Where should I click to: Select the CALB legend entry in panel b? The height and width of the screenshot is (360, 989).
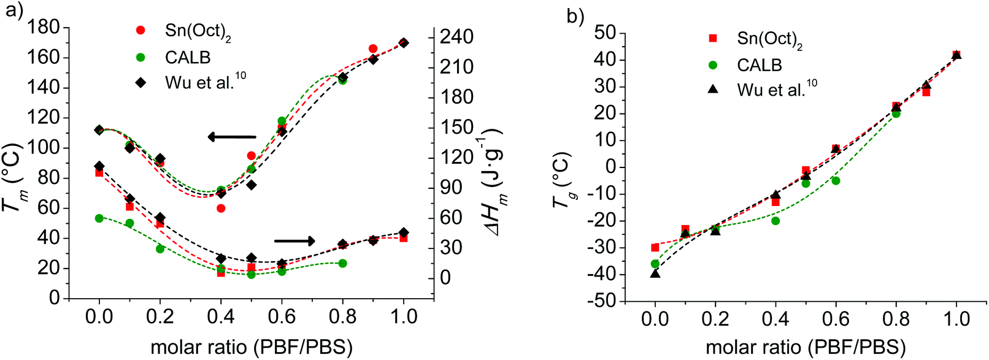759,65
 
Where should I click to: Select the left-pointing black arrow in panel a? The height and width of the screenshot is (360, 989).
232,137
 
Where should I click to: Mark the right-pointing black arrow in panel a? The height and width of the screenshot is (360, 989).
294,241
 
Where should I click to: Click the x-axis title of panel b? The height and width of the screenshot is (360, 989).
806,348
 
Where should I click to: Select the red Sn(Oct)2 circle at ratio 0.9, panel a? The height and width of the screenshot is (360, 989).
373,48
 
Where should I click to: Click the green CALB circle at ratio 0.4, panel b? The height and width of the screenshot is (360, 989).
775,221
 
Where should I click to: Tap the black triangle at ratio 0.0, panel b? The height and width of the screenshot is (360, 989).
655,274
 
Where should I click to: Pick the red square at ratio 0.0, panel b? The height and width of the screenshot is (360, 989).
655,248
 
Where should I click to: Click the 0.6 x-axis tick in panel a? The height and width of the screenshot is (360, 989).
282,317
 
